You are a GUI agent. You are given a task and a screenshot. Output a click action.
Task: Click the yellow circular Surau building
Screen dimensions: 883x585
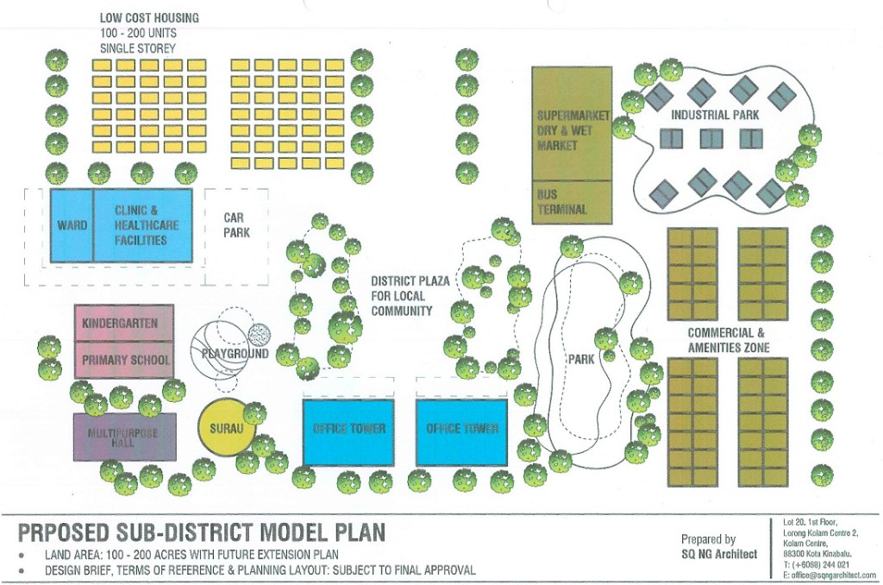pyautogui.click(x=227, y=428)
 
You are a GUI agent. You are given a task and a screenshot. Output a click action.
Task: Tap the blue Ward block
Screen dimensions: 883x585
pyautogui.click(x=72, y=225)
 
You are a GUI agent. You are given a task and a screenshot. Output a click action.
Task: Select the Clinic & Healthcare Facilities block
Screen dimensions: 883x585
pyautogui.click(x=142, y=225)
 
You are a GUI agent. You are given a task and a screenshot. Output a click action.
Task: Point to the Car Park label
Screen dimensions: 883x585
pyautogui.click(x=236, y=225)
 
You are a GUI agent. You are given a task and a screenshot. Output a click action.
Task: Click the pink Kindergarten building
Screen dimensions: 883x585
pyautogui.click(x=124, y=323)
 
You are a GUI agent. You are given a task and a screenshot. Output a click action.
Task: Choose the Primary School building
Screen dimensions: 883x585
pyautogui.click(x=124, y=360)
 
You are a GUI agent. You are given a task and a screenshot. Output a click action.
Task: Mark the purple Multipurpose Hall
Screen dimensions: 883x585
pyautogui.click(x=124, y=437)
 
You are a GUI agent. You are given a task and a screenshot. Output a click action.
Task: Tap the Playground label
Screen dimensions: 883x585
pyautogui.click(x=235, y=354)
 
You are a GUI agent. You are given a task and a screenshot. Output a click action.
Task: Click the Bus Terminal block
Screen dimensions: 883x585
pyautogui.click(x=573, y=202)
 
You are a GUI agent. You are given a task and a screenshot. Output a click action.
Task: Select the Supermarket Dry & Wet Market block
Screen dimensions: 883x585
pyautogui.click(x=573, y=123)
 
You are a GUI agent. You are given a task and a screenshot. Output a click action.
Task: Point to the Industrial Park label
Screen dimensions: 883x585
pyautogui.click(x=715, y=115)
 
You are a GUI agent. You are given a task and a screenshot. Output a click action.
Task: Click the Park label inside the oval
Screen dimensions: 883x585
pyautogui.click(x=581, y=358)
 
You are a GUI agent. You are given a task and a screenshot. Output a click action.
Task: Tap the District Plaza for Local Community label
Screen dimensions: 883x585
pyautogui.click(x=410, y=296)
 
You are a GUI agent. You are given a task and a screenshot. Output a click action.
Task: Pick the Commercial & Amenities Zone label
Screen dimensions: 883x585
pyautogui.click(x=728, y=341)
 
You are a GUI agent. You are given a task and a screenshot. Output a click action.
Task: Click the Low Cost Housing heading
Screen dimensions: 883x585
pyautogui.click(x=149, y=18)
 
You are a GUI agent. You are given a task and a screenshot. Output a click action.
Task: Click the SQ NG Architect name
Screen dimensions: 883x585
pyautogui.click(x=719, y=554)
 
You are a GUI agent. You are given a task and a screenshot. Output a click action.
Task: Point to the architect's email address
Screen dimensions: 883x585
pyautogui.click(x=830, y=576)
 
